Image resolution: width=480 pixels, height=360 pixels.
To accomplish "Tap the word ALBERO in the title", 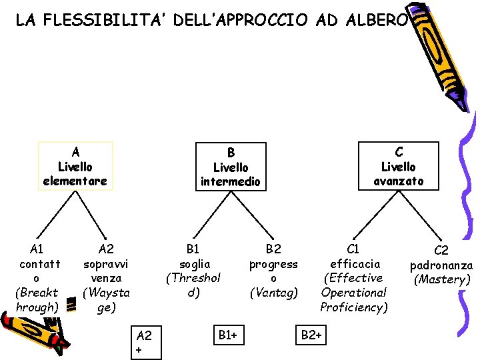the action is click(376, 21).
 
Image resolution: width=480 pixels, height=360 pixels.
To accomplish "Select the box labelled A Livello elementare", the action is click(75, 166).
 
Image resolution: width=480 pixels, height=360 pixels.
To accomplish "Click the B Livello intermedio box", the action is click(231, 167).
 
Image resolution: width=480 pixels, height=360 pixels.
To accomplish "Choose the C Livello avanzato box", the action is click(398, 166).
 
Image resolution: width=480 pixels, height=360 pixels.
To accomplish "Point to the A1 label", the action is click(37, 249).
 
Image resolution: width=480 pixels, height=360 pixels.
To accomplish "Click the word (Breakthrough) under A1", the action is click(37, 300).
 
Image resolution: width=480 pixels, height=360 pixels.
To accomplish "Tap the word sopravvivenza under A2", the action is click(106, 271).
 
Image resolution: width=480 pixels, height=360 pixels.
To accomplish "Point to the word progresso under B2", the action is click(273, 271).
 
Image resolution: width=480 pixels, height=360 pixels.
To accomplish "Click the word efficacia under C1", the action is click(355, 263).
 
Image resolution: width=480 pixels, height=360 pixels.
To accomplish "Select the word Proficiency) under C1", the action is click(354, 307).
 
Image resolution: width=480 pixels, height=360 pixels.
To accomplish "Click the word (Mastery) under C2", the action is click(442, 279).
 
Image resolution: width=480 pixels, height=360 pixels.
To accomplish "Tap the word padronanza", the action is click(442, 265).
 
